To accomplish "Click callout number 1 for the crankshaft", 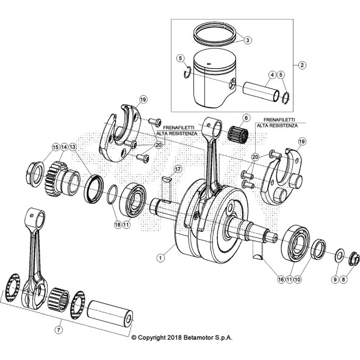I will pos(160,258).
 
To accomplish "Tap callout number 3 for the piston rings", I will pos(248,40).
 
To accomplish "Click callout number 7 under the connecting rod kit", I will pos(59,329).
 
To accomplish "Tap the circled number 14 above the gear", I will pos(63,147).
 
